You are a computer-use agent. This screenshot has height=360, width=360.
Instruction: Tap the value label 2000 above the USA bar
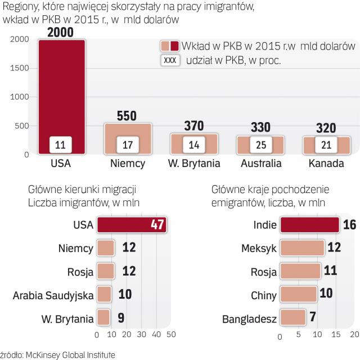pos(61,33)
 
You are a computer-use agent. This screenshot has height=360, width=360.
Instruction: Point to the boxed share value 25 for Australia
pos(260,145)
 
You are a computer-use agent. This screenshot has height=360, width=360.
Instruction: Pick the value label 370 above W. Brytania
pos(194,125)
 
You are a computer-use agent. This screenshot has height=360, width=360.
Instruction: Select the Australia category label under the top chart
pos(260,164)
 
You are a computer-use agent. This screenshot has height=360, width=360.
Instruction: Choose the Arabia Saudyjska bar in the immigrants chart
pos(103,294)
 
